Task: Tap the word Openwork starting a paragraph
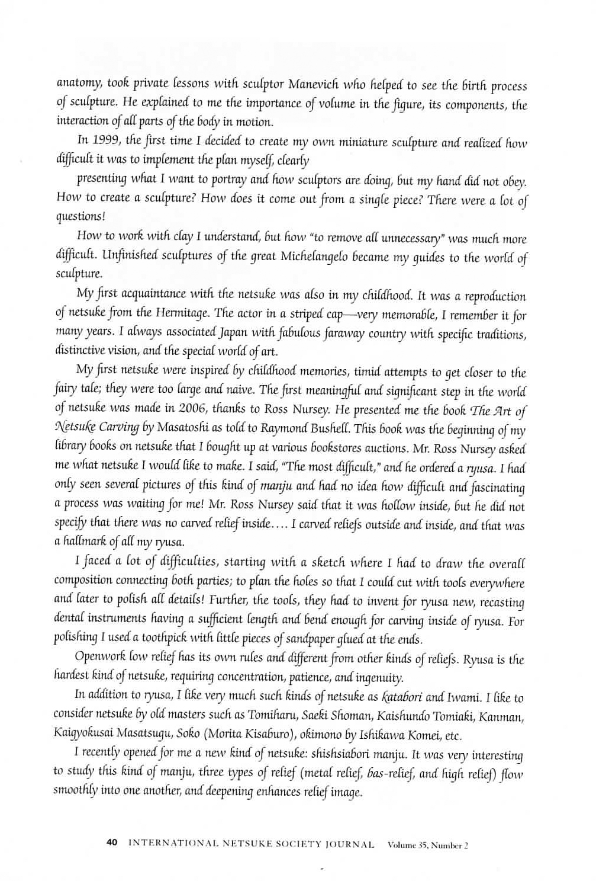point(99,659)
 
